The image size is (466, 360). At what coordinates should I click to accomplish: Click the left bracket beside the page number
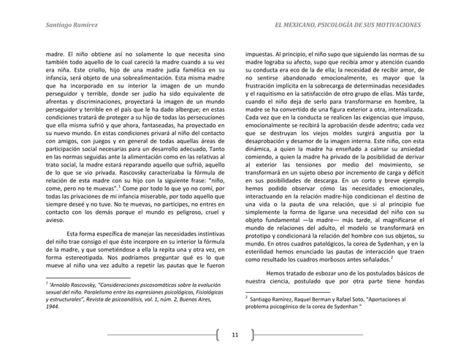click(x=218, y=335)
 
